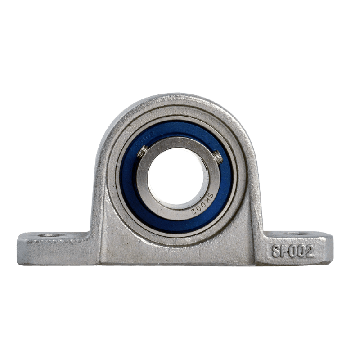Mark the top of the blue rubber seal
[179, 118]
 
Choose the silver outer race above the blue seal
[179, 108]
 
